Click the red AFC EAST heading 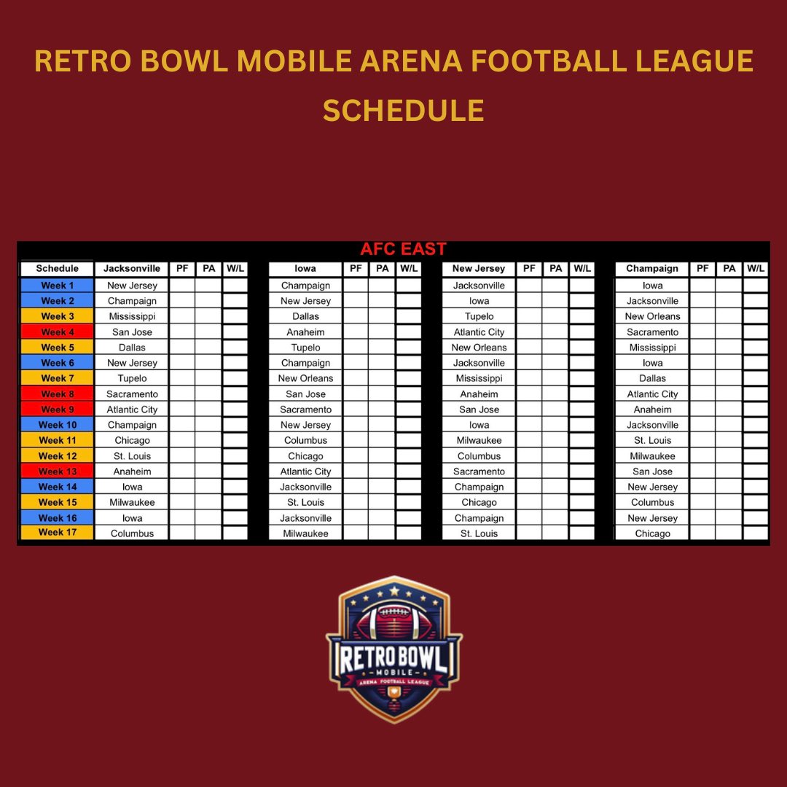pos(403,249)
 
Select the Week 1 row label pos(57,286)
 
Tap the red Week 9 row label pos(57,410)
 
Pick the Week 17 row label pos(57,533)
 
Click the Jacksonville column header pos(132,269)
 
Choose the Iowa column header pos(305,269)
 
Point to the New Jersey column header pos(479,269)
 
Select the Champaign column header pos(652,269)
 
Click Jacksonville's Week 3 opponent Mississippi pos(132,316)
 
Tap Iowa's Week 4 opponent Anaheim pos(305,332)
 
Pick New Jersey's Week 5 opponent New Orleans pos(479,348)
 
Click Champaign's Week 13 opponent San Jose pos(652,471)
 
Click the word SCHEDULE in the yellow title pos(403,111)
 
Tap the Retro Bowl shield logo pos(394,649)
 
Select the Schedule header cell pos(57,269)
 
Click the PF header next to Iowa pos(356,269)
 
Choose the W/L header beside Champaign pos(756,269)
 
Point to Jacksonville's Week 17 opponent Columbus pos(132,533)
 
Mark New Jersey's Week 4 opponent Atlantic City pos(479,332)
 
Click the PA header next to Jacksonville pos(209,269)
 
